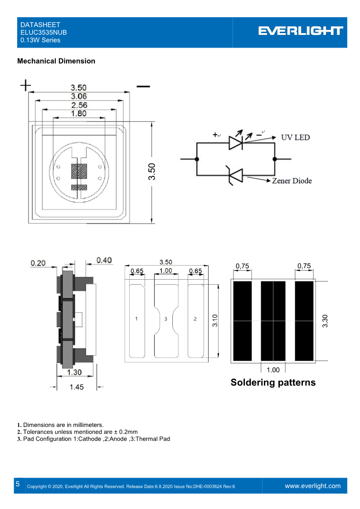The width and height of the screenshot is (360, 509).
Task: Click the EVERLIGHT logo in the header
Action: tap(301, 31)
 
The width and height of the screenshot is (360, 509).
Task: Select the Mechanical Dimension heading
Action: tap(56, 61)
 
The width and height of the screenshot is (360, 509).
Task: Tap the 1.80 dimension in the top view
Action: tap(78, 114)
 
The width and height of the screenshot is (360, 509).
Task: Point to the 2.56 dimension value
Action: tap(78, 105)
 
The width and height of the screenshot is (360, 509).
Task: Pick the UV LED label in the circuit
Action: tap(296, 137)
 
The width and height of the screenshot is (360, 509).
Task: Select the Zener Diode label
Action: tap(292, 181)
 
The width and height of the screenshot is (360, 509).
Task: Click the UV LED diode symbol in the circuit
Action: tap(236, 143)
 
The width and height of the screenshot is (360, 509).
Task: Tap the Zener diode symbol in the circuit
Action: tap(236, 175)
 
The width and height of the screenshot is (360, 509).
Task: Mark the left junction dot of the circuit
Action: tap(197, 159)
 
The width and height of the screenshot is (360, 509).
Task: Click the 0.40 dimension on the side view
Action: tap(104, 260)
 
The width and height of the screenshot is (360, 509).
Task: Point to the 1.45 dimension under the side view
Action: tap(76, 387)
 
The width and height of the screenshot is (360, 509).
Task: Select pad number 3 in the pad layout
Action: tap(165, 319)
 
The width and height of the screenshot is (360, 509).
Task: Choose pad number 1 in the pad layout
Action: tap(136, 319)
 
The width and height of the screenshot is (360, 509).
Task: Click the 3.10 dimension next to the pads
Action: tap(215, 321)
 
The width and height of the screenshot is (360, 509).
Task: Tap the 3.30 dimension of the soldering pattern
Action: tap(325, 321)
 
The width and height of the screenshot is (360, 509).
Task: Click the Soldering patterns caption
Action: tap(273, 382)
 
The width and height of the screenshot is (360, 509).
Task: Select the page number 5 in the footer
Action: tap(18, 484)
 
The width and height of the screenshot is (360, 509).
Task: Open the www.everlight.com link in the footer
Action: tap(312, 486)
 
